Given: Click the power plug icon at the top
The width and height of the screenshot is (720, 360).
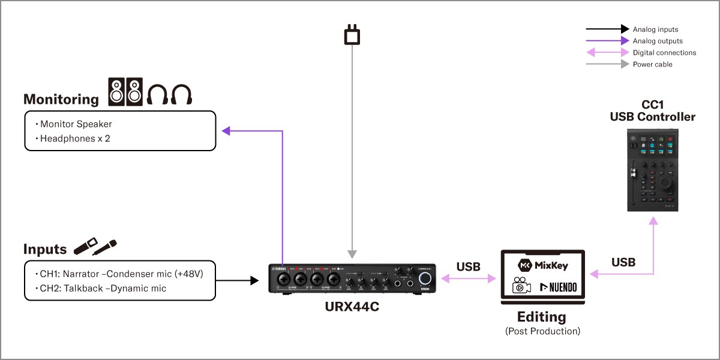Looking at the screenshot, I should [x=352, y=34].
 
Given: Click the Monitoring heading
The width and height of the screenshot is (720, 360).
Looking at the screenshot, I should [x=61, y=100].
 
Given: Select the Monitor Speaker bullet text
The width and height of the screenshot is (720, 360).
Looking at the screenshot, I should [x=76, y=124].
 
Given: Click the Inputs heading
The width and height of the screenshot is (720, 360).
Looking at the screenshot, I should [x=45, y=249].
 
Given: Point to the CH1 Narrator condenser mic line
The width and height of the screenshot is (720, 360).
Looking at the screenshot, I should [x=121, y=274].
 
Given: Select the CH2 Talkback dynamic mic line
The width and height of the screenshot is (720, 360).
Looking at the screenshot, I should [x=103, y=289].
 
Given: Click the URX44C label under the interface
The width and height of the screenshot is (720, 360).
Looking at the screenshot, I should [x=352, y=307].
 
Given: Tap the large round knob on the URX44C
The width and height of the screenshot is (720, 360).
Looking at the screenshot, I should [x=425, y=278].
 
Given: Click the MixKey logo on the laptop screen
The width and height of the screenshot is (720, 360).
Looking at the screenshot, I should [x=542, y=265].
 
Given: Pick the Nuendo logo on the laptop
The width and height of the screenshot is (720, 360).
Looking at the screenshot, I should [x=558, y=287].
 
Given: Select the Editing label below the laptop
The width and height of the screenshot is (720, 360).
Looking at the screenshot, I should [x=542, y=316].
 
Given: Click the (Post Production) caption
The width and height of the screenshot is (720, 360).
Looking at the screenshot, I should [x=542, y=331].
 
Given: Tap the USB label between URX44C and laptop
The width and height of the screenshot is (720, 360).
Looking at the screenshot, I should [x=468, y=266].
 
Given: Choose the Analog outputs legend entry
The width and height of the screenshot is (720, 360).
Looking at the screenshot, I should [x=658, y=41].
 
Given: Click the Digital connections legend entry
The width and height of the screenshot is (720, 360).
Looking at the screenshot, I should [x=664, y=53].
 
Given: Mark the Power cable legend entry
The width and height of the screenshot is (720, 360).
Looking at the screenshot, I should [x=652, y=64].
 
